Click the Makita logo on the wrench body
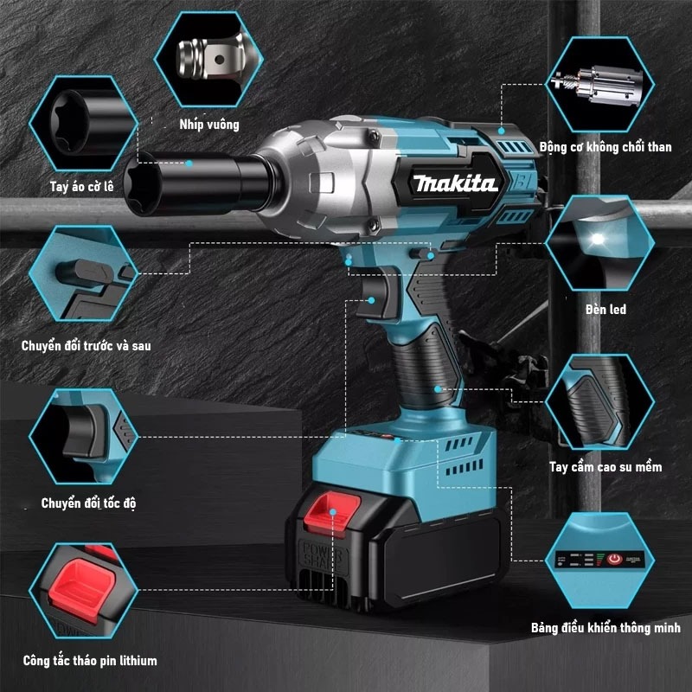[456, 183]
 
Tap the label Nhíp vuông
[209, 125]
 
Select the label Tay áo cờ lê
[81, 186]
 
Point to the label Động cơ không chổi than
[605, 147]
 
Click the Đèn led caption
[605, 310]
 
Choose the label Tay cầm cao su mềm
[605, 467]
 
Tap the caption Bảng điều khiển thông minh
[605, 628]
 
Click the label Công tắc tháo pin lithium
[90, 661]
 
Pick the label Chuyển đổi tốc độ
[88, 503]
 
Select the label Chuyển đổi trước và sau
[86, 345]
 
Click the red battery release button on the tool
[332, 513]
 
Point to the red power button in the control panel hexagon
[614, 559]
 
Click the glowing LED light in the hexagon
[597, 240]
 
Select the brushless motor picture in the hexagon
[599, 85]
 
